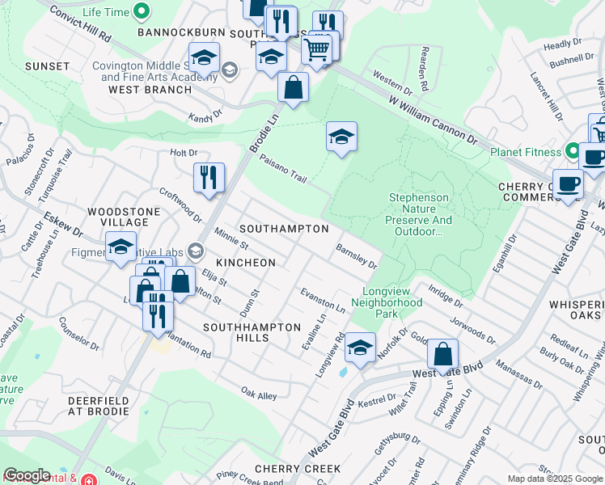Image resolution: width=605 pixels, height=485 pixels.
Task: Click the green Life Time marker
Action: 142,11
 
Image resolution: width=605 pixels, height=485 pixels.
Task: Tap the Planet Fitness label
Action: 525,152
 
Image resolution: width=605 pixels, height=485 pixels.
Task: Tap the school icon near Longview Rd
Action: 360,348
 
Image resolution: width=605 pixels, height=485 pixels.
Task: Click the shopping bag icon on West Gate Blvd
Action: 442,353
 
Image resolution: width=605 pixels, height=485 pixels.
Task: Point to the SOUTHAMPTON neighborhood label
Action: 284,230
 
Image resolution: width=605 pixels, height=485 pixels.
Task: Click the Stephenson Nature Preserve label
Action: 419,214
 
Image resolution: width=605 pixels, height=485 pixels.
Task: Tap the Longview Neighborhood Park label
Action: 387,308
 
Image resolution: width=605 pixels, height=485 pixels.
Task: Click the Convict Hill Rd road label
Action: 79,25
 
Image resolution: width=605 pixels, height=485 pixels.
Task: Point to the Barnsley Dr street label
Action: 357,257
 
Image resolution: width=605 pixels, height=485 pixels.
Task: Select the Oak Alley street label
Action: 259,394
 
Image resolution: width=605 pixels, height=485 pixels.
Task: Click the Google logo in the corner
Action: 27,475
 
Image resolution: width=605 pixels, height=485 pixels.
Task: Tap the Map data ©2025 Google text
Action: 555,479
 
